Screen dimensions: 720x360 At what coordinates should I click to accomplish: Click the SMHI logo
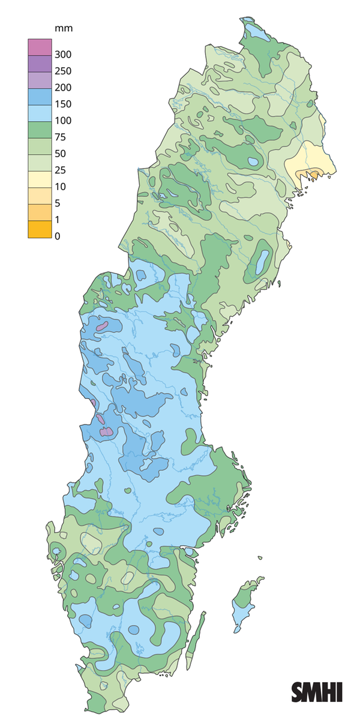pyautogui.click(x=317, y=692)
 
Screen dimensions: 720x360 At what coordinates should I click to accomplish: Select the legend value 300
pyautogui.click(x=62, y=55)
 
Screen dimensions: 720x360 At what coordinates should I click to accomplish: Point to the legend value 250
pyautogui.click(x=62, y=71)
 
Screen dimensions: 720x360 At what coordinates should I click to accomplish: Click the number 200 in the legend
pyautogui.click(x=62, y=88)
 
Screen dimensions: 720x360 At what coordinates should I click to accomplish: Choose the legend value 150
pyautogui.click(x=62, y=104)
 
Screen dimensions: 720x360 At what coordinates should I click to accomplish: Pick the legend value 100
pyautogui.click(x=62, y=121)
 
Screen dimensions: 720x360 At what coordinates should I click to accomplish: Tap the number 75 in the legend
pyautogui.click(x=60, y=137)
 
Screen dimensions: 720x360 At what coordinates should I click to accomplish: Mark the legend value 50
pyautogui.click(x=60, y=154)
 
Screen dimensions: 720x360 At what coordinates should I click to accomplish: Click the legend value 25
pyautogui.click(x=60, y=170)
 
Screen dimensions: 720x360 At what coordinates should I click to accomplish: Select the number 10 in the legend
pyautogui.click(x=60, y=187)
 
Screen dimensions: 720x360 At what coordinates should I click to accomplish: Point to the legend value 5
pyautogui.click(x=58, y=203)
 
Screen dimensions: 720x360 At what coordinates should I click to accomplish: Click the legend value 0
pyautogui.click(x=58, y=236)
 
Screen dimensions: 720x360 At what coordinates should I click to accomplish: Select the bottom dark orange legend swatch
pyautogui.click(x=37, y=229)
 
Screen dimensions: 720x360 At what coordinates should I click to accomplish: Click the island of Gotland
pyautogui.click(x=245, y=603)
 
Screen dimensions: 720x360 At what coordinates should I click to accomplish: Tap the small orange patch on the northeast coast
pyautogui.click(x=313, y=174)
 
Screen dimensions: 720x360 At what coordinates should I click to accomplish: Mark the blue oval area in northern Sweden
pyautogui.click(x=262, y=259)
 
